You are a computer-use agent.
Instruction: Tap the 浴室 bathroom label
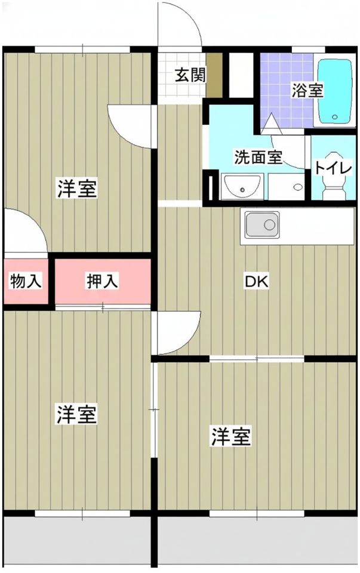[307, 91]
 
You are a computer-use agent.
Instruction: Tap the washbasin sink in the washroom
[241, 187]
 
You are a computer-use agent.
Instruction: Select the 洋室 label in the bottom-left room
[76, 414]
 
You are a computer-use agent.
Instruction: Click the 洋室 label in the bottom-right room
[230, 436]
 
